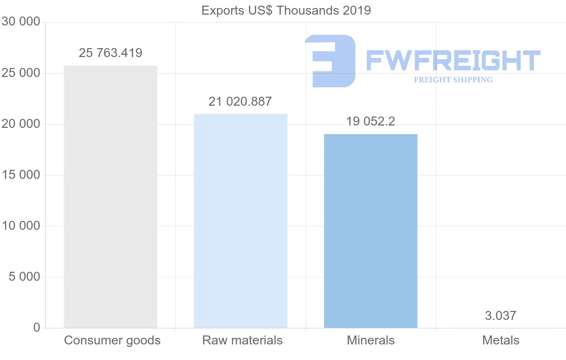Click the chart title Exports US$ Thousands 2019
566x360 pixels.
click(x=286, y=10)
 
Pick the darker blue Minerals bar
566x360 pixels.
click(x=371, y=231)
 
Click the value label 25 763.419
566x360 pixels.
click(x=110, y=53)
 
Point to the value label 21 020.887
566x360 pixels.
click(x=241, y=101)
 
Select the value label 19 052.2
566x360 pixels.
click(x=371, y=122)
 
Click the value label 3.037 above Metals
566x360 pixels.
click(x=500, y=316)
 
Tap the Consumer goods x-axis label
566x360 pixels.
click(x=112, y=340)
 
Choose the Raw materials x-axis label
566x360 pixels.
click(x=242, y=340)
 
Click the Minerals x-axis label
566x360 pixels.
click(x=371, y=340)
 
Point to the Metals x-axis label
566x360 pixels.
click(x=500, y=340)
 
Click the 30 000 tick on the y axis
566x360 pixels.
click(x=20, y=22)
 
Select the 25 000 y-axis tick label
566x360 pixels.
click(x=20, y=73)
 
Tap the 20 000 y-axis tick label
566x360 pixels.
click(x=20, y=124)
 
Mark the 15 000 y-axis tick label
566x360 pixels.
click(x=20, y=175)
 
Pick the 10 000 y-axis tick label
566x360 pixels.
click(x=20, y=226)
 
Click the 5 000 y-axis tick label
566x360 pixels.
click(x=24, y=277)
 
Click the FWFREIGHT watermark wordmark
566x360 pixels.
click(x=453, y=60)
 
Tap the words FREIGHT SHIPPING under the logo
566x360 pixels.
click(x=453, y=80)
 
